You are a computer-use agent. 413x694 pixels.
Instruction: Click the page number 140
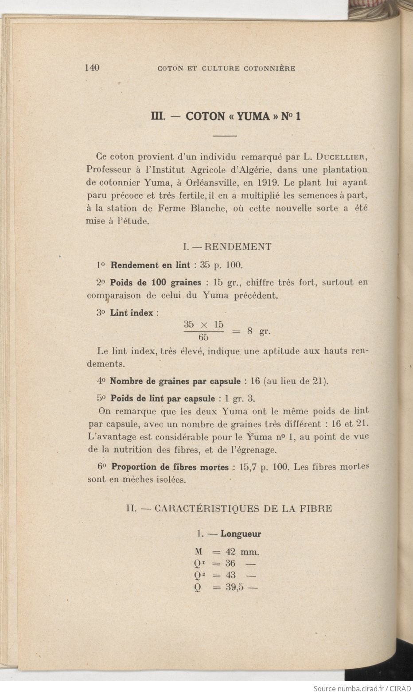(x=92, y=68)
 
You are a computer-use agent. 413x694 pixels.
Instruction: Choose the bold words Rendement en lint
(x=150, y=265)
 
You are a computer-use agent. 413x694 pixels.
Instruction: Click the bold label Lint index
(x=132, y=312)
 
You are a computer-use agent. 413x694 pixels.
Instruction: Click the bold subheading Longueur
(x=241, y=534)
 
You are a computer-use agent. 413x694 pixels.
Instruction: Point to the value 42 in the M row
(x=230, y=552)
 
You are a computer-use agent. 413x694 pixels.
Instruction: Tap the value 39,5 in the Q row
(x=234, y=588)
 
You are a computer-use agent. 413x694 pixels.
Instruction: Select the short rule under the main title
(x=225, y=136)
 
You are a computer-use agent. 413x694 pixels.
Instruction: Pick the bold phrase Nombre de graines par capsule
(x=175, y=381)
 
